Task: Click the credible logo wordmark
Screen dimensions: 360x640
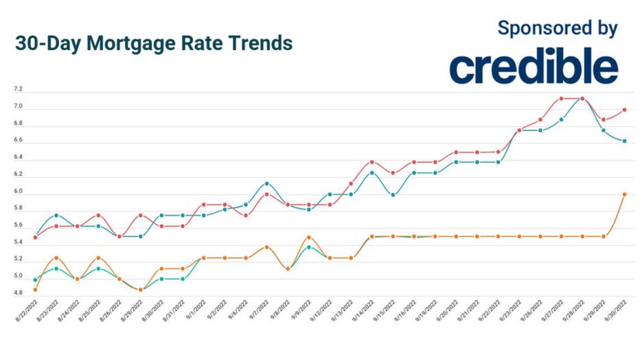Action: tap(534, 67)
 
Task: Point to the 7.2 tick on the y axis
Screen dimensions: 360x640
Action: tap(19, 90)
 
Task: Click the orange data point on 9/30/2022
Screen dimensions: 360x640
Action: tap(624, 194)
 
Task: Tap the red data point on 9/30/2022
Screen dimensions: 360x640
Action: tap(624, 109)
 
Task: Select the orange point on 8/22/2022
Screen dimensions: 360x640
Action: tap(36, 290)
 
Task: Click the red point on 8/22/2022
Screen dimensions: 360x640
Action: tap(36, 237)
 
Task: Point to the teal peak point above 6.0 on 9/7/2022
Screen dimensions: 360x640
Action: tap(266, 183)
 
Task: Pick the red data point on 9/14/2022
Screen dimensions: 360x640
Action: tap(372, 162)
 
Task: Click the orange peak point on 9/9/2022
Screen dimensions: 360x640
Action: tap(308, 237)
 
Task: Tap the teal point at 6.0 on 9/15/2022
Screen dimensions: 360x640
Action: tap(393, 194)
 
